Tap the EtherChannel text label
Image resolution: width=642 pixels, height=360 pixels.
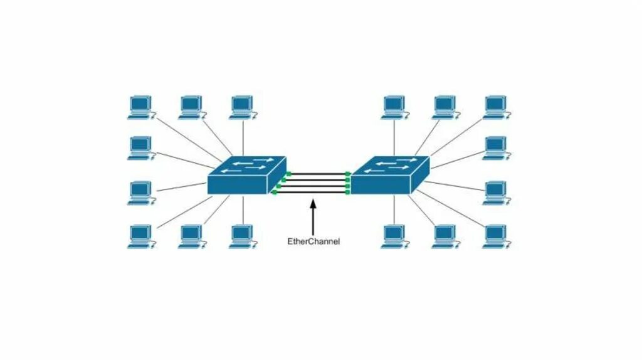[x=313, y=241]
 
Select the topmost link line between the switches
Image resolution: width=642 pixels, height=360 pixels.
[x=317, y=173]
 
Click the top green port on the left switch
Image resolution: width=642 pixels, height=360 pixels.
[x=288, y=174]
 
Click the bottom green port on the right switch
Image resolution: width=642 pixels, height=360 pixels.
[x=347, y=193]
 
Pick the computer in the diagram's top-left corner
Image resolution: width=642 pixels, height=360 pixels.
[x=140, y=107]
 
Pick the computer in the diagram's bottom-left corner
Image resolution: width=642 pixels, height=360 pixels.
[x=140, y=236]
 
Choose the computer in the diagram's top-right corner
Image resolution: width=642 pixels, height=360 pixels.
[x=495, y=107]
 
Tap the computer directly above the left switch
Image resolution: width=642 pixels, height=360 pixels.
[x=241, y=107]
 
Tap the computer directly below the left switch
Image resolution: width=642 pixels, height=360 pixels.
[x=241, y=236]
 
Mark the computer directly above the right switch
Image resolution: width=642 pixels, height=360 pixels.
[x=394, y=107]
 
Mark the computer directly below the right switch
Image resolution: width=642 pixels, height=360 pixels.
[x=394, y=236]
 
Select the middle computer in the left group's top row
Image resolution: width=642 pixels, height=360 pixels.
[x=191, y=107]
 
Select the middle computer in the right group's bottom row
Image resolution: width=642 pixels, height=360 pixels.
[x=445, y=236]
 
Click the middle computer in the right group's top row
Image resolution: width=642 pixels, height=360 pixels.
[x=445, y=107]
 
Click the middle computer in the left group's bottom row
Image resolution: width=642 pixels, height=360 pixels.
[x=191, y=236]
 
